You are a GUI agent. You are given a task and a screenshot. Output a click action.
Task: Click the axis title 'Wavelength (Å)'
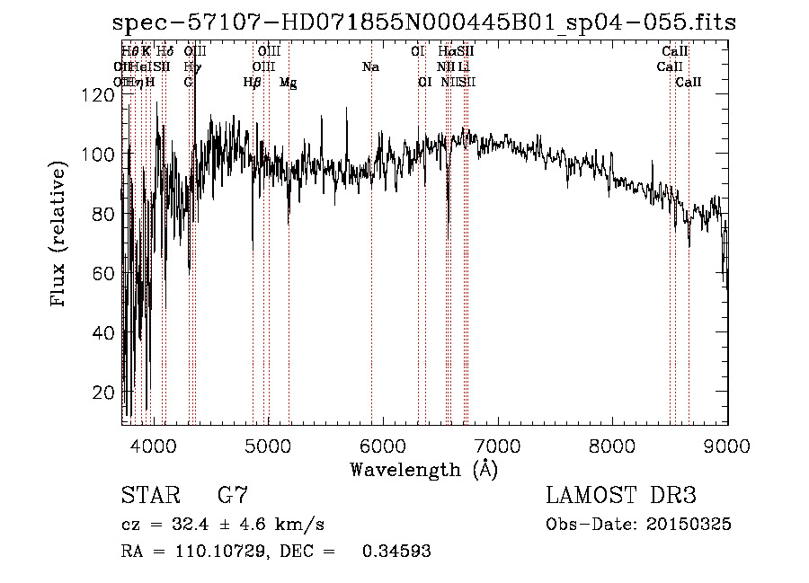click(x=423, y=469)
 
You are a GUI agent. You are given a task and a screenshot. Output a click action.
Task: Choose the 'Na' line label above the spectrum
click(x=370, y=66)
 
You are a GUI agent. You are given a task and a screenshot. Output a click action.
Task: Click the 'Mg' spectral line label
click(x=288, y=83)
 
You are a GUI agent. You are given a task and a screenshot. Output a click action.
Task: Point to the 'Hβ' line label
click(x=253, y=83)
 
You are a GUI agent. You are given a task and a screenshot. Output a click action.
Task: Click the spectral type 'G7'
click(x=232, y=495)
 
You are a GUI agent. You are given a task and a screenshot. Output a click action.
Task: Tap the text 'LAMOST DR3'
click(x=621, y=495)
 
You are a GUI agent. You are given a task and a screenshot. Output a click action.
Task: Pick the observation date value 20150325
click(x=692, y=524)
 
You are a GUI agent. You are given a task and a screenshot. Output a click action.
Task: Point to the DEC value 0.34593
click(x=396, y=552)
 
